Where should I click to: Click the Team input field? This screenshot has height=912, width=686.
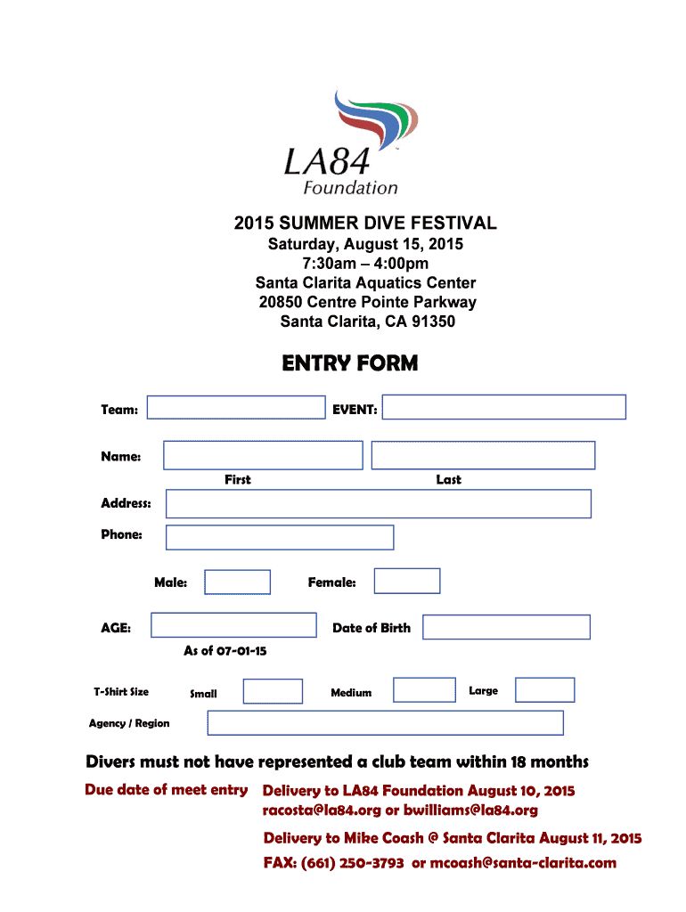click(236, 407)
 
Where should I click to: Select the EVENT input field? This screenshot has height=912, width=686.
click(504, 407)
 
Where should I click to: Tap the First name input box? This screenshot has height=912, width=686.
click(263, 455)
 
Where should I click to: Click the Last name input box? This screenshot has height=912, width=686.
click(483, 455)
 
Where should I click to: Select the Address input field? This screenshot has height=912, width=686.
click(379, 504)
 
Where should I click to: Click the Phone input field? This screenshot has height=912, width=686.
click(280, 537)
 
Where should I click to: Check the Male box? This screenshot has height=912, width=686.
click(237, 582)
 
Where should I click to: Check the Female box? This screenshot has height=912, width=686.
click(407, 581)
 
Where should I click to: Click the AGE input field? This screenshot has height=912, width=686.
click(233, 625)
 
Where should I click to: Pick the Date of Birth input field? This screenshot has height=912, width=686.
click(506, 627)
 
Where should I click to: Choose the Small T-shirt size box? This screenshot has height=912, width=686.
click(273, 691)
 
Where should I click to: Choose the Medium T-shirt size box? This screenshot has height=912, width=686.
click(424, 690)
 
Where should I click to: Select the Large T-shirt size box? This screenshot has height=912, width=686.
click(545, 690)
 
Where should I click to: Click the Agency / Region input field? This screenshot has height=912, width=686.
click(385, 722)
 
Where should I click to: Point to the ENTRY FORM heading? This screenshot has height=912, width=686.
click(350, 363)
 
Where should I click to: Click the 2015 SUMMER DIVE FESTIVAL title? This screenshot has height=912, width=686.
click(365, 223)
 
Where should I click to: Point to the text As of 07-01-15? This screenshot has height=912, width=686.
click(225, 651)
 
